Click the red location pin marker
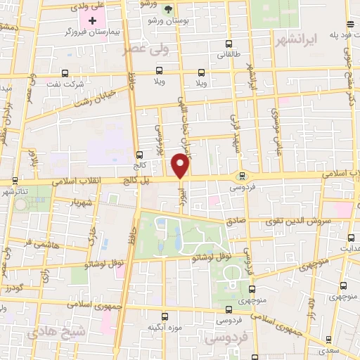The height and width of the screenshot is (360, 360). (x=181, y=167)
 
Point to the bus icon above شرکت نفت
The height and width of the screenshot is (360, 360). (x=65, y=73)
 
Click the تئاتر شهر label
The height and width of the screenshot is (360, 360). (x=16, y=191)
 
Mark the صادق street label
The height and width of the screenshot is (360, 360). (x=236, y=220)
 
